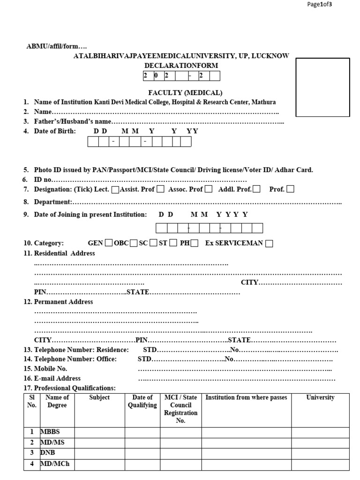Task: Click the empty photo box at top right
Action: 322,87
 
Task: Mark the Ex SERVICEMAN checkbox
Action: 269,243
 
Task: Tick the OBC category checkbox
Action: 134,243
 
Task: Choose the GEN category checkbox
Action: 109,243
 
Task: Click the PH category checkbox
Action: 195,243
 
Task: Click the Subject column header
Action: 99,397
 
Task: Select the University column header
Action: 320,397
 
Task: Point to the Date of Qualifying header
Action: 142,401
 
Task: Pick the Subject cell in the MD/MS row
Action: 99,442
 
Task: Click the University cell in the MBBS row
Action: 320,432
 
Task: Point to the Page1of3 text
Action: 320,4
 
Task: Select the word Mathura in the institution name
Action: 264,102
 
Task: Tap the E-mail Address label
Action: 57,378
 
